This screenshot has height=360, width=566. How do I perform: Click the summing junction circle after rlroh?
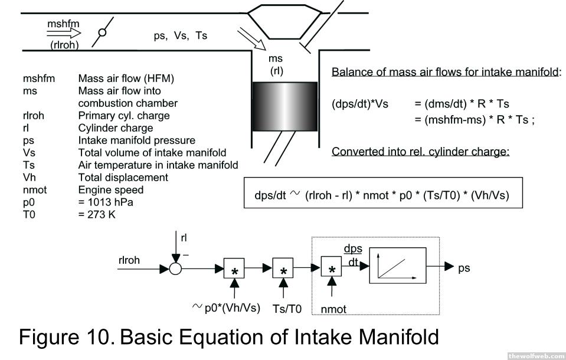[175, 269]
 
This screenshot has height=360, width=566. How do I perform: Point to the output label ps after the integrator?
[464, 268]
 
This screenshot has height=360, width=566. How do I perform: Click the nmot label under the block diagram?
[333, 309]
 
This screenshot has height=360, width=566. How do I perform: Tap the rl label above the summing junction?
[184, 238]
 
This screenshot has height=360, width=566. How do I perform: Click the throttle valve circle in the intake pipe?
[102, 32]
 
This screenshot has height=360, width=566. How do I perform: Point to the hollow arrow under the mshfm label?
[63, 35]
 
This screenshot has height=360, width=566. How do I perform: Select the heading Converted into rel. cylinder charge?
[420, 151]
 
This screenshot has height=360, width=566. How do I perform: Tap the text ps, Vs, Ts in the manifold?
[180, 35]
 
